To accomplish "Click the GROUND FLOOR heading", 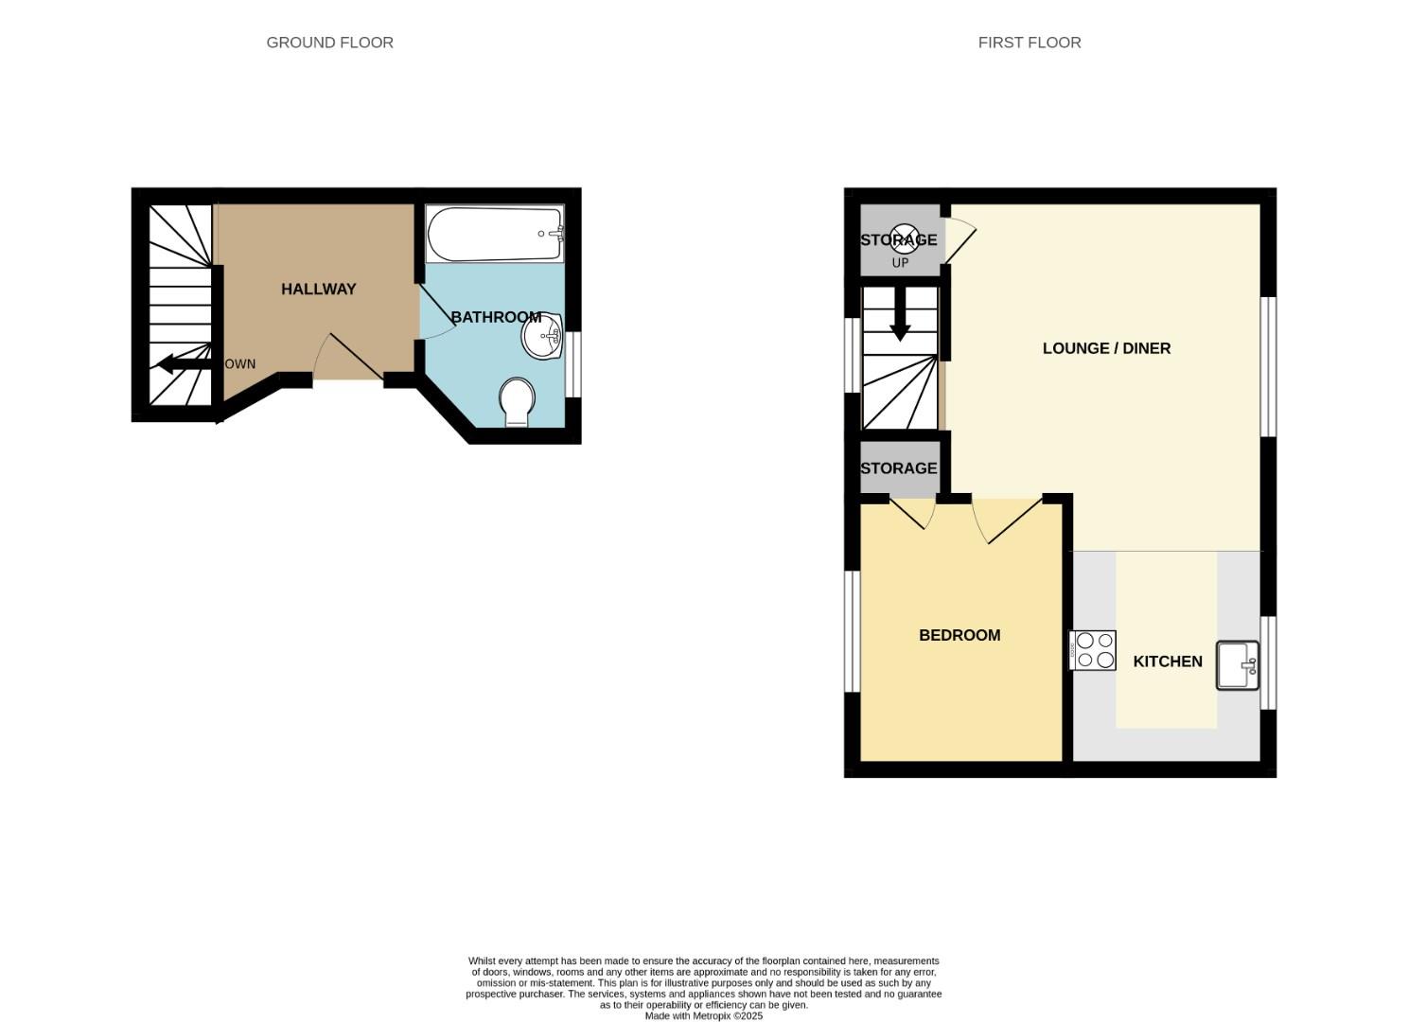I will click(x=329, y=43).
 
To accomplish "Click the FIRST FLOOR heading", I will click(x=1029, y=43).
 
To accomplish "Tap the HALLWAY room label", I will click(x=318, y=290).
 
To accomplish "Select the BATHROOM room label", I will click(x=495, y=317).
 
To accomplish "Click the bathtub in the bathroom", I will click(x=495, y=234).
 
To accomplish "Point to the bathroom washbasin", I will click(x=543, y=337).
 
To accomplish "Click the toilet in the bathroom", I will click(x=517, y=403).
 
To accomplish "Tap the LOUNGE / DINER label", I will click(x=1106, y=348).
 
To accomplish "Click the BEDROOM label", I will click(x=959, y=635).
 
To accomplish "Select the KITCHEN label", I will click(x=1167, y=661).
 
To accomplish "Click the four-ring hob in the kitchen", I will click(x=1093, y=650).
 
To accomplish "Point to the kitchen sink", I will click(x=1237, y=665).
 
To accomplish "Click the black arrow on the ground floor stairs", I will click(x=180, y=363).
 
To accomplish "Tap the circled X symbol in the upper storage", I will click(x=904, y=238).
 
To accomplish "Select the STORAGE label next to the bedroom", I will click(x=898, y=468).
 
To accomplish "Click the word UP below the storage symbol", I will click(x=900, y=263).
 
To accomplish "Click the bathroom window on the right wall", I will click(x=573, y=364).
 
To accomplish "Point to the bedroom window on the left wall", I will click(x=852, y=630).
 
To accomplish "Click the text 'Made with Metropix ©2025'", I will click(x=703, y=1015).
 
